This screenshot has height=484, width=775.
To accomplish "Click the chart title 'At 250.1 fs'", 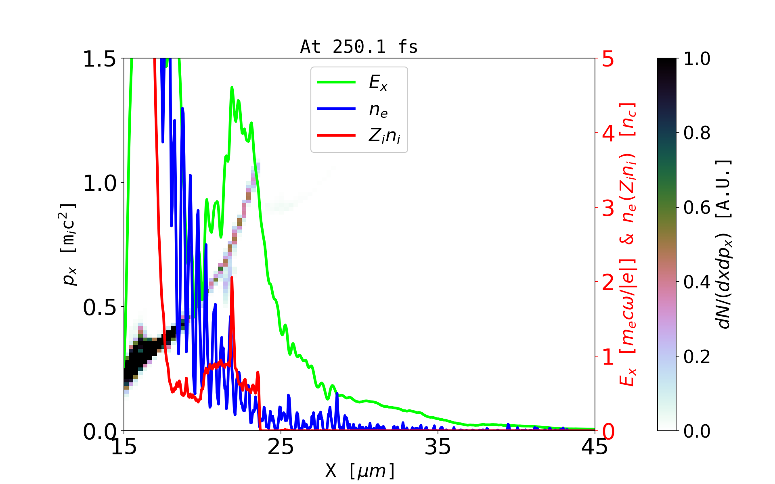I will coord(359,47).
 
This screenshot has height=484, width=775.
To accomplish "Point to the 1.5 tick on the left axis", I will coord(99,59).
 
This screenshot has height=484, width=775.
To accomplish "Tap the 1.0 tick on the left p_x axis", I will coord(99,184).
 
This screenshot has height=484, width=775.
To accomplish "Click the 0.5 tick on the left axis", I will coord(99,308).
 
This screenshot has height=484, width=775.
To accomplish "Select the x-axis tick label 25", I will coord(281,447).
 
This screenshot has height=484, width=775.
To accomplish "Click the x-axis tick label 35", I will coord(438,447).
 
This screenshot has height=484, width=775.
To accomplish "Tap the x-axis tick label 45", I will coord(595,447).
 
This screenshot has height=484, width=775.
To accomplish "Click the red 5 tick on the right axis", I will coord(608,59).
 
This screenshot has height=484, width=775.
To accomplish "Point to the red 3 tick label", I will coord(608,208).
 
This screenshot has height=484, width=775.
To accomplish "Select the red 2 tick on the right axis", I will coord(608,283).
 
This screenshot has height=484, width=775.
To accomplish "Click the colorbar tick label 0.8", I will coord(697,133).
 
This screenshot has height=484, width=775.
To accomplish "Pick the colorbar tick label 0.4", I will coord(697,282).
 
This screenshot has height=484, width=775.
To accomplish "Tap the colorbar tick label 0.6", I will coord(697,208).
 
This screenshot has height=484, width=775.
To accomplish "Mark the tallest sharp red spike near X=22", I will coord(232,278).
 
